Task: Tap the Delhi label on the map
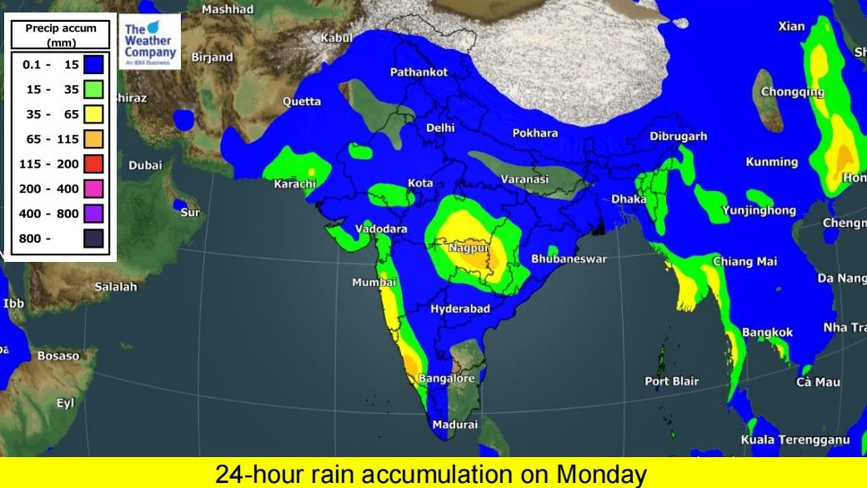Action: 440,128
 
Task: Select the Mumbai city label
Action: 373,282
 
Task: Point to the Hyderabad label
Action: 459,309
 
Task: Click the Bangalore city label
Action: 447,378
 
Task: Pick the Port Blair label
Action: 672,381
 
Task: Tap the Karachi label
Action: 295,184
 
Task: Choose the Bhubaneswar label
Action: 569,259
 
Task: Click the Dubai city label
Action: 145,165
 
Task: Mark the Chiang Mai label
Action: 744,261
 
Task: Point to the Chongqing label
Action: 793,92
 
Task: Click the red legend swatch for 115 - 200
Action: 93,164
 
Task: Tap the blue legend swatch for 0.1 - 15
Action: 93,64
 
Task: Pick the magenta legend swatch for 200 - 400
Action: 93,189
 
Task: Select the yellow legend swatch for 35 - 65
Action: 93,114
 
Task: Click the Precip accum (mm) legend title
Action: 61,33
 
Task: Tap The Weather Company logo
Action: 149,42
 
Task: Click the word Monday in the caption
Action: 600,475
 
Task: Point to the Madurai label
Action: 455,425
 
